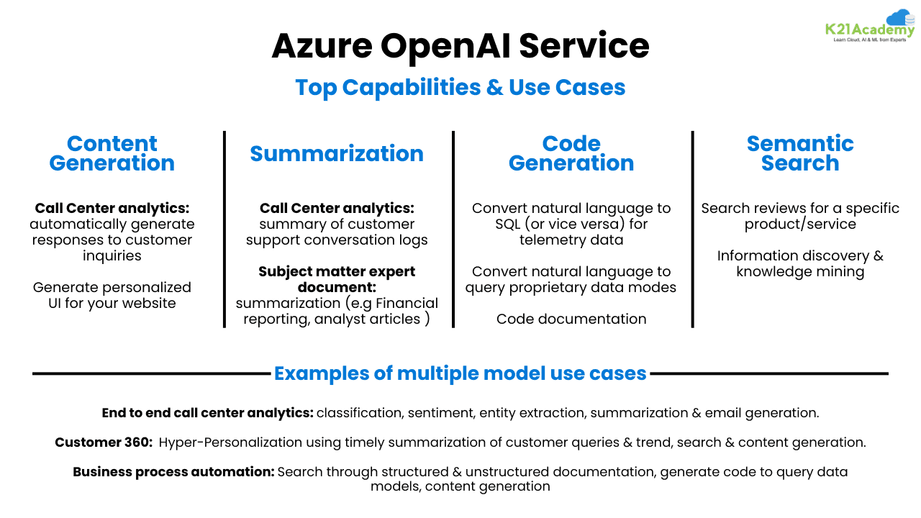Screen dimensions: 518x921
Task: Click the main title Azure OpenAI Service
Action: tap(460, 47)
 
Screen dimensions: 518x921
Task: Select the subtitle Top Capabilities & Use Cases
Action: tap(460, 87)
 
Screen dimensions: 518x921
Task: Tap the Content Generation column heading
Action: tap(112, 153)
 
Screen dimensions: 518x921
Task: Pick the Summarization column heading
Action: tap(337, 153)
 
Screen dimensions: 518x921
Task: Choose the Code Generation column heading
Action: tap(571, 153)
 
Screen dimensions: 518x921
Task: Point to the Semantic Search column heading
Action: tap(800, 153)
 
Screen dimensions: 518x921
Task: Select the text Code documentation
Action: tap(571, 319)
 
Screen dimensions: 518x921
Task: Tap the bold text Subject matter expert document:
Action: tap(337, 279)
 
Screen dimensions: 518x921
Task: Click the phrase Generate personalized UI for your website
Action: tap(112, 295)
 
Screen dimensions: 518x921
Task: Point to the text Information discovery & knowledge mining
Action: tap(800, 263)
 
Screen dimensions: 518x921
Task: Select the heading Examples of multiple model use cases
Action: tap(460, 373)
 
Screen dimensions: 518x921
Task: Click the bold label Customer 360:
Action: tap(104, 442)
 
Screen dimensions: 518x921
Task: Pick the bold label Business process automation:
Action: tap(173, 472)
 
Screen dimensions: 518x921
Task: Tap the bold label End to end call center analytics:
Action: tap(207, 413)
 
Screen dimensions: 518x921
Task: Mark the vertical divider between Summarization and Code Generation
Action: tap(453, 229)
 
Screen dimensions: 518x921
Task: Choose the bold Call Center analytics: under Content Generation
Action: tap(112, 208)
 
